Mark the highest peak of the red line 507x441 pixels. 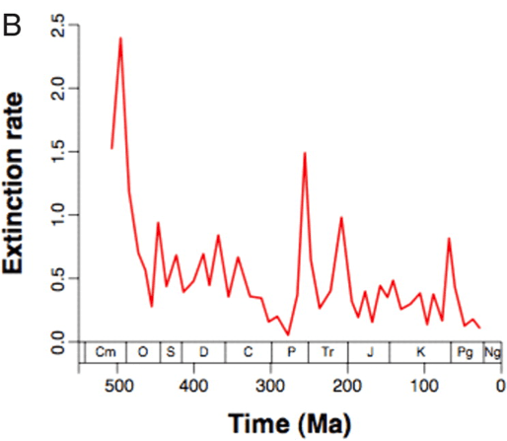[x=120, y=38]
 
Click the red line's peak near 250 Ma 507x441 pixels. [x=305, y=153]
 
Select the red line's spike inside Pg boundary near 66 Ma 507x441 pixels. [x=449, y=239]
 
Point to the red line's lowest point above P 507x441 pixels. [x=288, y=334]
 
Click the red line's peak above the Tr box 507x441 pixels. [x=340, y=217]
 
